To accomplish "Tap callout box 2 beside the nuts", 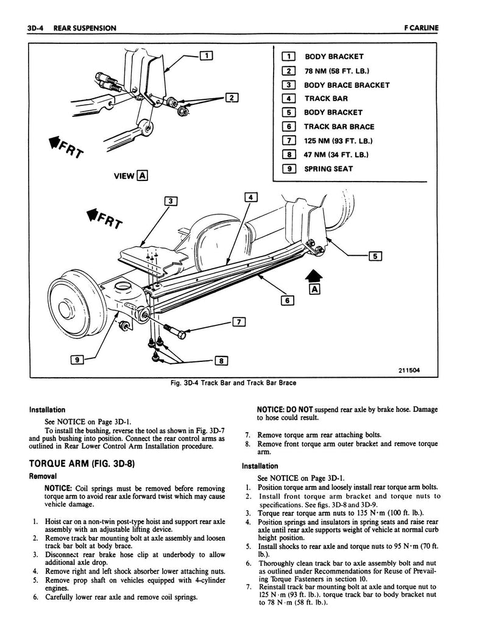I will coord(232,97).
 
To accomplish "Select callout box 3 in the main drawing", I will coord(171,201).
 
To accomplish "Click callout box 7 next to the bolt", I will coord(238,322).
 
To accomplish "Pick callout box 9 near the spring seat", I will coord(77,360).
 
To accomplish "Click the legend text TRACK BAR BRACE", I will coord(339,127).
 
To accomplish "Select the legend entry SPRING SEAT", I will coord(328,169).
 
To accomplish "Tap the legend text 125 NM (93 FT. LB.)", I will coord(338,141).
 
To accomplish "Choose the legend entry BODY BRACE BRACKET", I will coord(346,85).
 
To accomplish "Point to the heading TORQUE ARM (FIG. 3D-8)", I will coord(82,464).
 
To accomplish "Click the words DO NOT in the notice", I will coord(297,409).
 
